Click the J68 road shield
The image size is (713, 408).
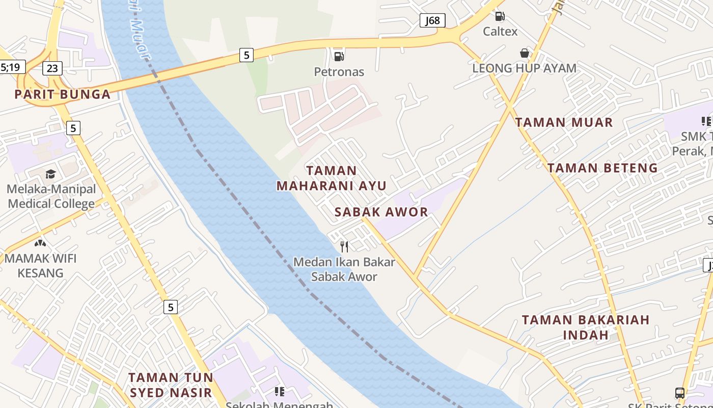(432, 20)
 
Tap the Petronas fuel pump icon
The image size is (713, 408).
(339, 57)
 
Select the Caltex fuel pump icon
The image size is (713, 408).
(500, 16)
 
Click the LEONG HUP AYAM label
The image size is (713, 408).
(524, 68)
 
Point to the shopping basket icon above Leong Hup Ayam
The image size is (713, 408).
(524, 53)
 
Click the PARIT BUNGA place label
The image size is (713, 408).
(62, 94)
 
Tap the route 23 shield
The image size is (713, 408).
(52, 68)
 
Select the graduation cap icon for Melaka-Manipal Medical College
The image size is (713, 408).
(50, 174)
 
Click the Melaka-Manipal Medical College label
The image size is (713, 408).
(51, 196)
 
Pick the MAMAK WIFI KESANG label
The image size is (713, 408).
(40, 265)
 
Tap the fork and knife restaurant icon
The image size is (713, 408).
(344, 247)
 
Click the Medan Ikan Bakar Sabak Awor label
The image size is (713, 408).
(344, 269)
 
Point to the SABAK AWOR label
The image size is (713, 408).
(381, 212)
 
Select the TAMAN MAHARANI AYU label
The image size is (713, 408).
(332, 178)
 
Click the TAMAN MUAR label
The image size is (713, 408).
(564, 122)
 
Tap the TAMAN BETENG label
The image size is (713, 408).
(602, 168)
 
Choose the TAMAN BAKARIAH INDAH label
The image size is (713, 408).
(586, 327)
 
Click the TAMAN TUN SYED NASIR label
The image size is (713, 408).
(170, 385)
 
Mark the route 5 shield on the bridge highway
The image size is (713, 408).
(246, 55)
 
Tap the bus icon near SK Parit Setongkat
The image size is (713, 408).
(680, 393)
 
